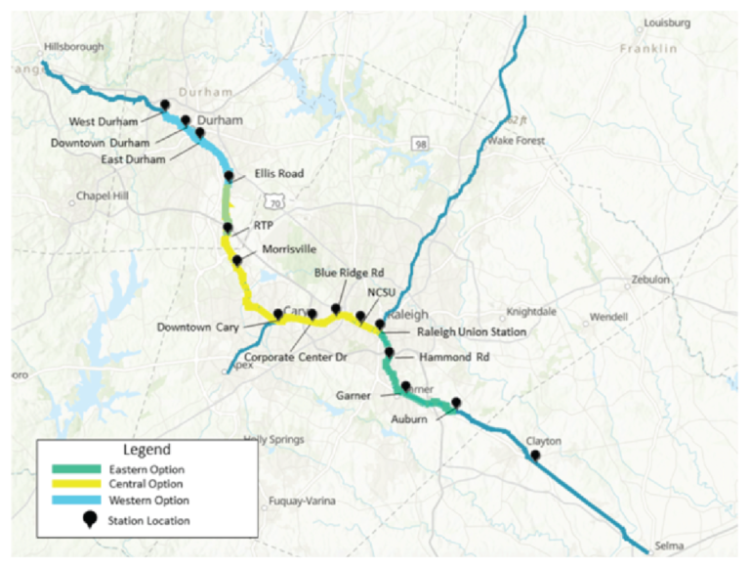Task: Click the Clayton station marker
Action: [534, 455]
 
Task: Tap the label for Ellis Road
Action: [279, 174]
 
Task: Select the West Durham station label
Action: [103, 122]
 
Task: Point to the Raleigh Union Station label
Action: [472, 332]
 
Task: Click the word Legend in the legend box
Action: [147, 451]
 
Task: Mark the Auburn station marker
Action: [454, 404]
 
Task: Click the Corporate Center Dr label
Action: [296, 358]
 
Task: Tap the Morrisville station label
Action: [290, 250]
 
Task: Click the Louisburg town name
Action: [667, 22]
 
